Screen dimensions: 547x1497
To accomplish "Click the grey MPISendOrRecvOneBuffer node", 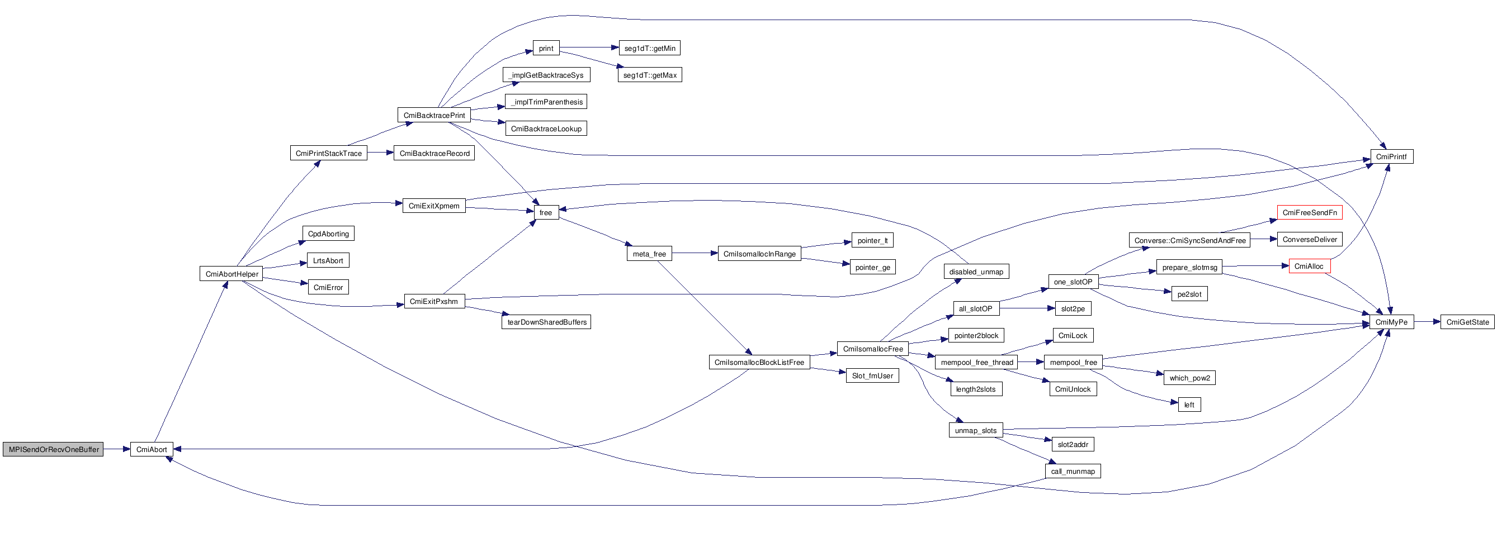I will click(53, 449).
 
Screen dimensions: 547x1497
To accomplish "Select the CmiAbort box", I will click(151, 449).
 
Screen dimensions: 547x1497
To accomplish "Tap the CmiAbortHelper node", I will click(232, 274).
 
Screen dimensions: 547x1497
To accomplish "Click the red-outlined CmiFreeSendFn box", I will click(1309, 212).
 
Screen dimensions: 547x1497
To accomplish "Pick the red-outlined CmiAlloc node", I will click(1309, 267).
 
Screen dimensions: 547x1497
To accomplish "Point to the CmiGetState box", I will click(1467, 322).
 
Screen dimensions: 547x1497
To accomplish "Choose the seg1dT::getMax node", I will click(649, 75).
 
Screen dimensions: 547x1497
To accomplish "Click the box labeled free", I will click(546, 212).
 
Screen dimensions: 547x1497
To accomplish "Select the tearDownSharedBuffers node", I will click(546, 322).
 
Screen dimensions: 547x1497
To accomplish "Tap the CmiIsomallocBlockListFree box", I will click(759, 363).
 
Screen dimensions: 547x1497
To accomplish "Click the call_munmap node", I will click(1072, 472).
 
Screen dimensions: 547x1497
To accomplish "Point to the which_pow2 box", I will click(1189, 378).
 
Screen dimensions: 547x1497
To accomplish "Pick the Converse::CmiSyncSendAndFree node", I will click(1189, 240).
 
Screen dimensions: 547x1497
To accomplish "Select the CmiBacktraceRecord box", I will click(434, 153).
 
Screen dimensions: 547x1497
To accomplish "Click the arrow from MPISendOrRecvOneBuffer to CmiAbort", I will click(116, 449).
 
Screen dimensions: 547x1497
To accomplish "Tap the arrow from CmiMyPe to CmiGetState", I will click(1427, 322).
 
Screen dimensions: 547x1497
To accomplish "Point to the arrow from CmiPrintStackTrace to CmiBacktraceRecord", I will click(380, 153).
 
